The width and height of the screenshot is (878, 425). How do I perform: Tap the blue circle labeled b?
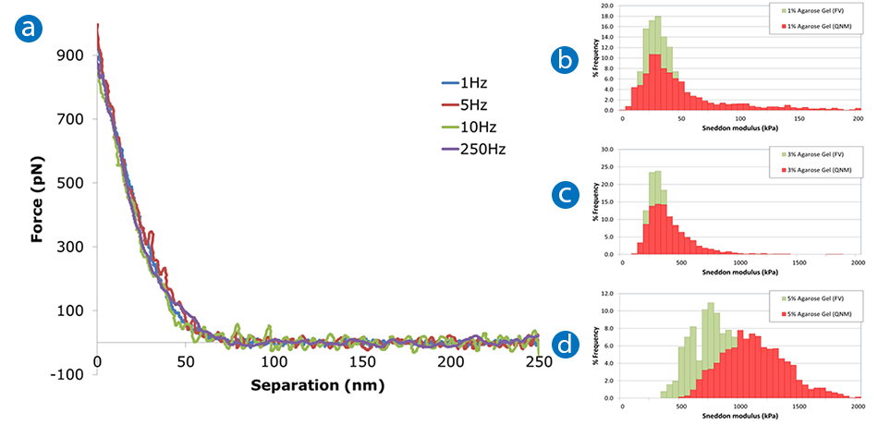click(564, 61)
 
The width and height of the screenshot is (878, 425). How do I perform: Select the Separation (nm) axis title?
click(317, 383)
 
